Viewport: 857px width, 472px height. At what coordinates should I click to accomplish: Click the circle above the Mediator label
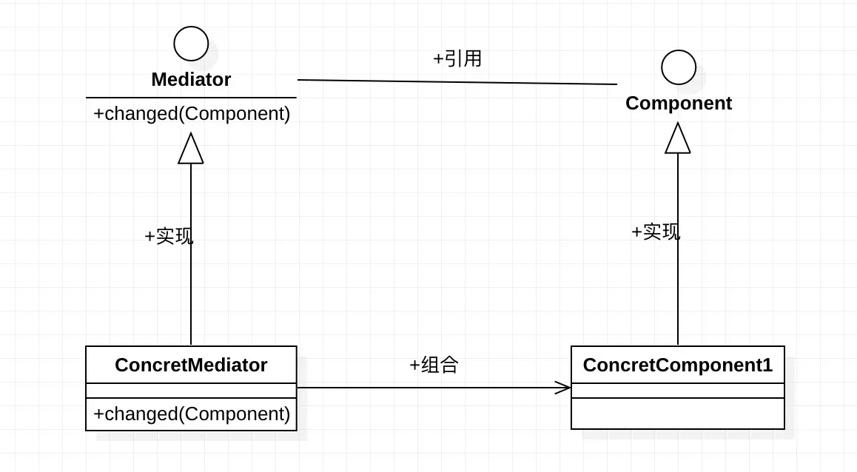(191, 44)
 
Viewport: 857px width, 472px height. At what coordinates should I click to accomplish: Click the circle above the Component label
(679, 67)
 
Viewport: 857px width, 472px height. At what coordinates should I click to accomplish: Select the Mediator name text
(191, 79)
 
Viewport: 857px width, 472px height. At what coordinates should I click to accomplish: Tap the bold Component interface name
(679, 103)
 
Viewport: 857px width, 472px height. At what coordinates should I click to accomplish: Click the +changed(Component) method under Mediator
(192, 114)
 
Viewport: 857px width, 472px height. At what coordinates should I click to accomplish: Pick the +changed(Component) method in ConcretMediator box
(192, 414)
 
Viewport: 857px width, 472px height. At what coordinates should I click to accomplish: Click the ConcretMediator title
(191, 365)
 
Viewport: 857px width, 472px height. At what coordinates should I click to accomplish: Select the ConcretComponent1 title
(677, 365)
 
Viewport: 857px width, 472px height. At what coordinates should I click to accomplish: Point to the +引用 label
(457, 59)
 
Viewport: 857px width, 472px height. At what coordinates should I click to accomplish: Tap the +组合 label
(434, 365)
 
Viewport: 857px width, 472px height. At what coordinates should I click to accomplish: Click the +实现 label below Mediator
(169, 237)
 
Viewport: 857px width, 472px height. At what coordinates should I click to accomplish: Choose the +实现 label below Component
(656, 232)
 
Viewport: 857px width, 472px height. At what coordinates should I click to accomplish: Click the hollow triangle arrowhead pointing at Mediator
(191, 149)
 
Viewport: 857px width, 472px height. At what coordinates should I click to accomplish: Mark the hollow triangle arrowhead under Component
(678, 139)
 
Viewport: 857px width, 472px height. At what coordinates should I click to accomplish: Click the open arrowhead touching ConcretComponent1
(563, 387)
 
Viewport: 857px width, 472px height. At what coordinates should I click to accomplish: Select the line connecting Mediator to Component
(457, 82)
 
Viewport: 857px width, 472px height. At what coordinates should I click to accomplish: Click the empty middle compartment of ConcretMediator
(191, 391)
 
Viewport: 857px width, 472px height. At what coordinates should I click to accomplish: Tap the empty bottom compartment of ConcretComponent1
(677, 414)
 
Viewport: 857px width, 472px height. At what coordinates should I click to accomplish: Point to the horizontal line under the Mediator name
(191, 98)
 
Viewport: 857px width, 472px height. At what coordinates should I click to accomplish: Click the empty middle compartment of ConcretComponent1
(677, 391)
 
